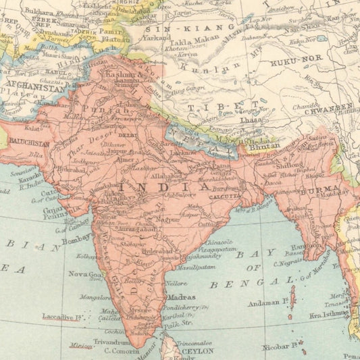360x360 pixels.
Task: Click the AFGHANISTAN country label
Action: coord(33,88)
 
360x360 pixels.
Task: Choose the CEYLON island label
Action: coord(197,351)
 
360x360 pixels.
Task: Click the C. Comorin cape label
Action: coord(122,350)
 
